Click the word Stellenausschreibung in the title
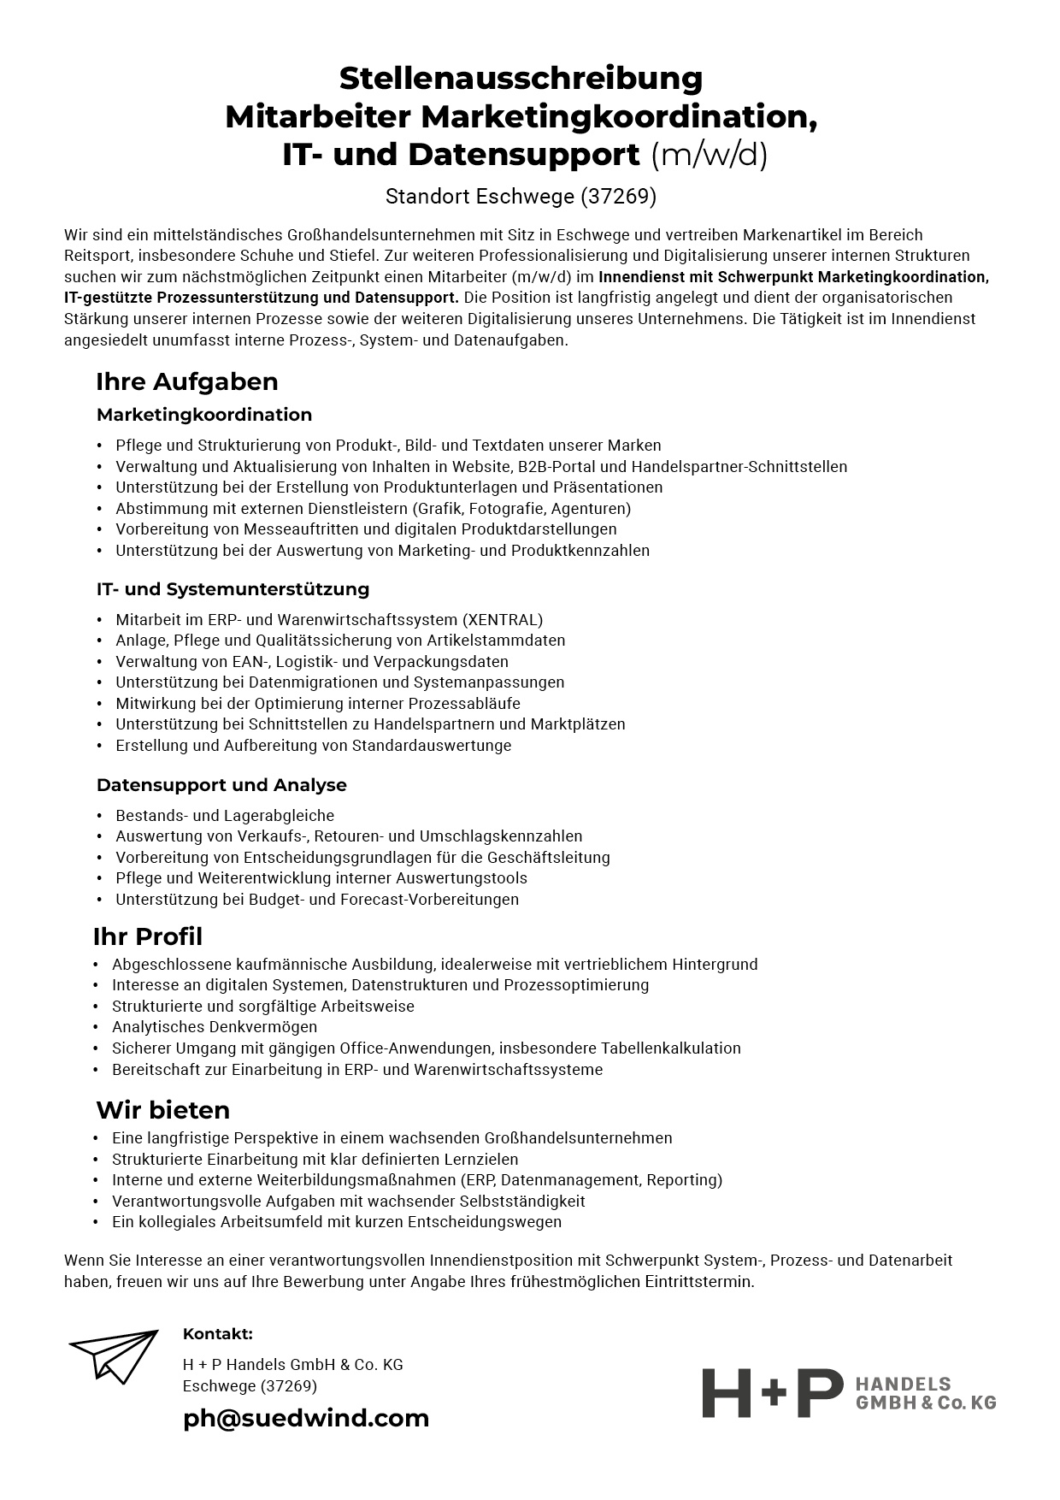click(x=521, y=79)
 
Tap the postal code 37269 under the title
click(x=618, y=197)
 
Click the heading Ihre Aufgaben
click(x=186, y=381)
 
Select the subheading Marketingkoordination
click(x=204, y=415)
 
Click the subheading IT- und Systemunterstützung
click(x=233, y=589)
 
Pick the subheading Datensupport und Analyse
click(x=221, y=785)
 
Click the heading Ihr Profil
click(x=148, y=937)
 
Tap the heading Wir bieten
click(x=162, y=1111)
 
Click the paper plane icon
click(x=115, y=1355)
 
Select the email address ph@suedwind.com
click(x=306, y=1418)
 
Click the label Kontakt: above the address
click(x=217, y=1334)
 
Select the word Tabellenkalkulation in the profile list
click(x=670, y=1048)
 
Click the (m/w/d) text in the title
click(x=710, y=156)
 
